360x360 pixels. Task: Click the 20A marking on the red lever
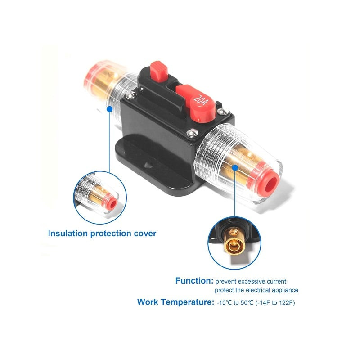pos(200,100)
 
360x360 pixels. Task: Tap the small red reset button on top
pos(159,71)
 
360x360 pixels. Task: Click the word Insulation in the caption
pos(68,234)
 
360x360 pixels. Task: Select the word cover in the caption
pos(145,234)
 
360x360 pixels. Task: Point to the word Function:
pos(194,281)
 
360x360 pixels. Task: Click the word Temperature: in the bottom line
pos(187,302)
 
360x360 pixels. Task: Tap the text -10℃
pos(224,303)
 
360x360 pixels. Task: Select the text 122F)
pos(287,303)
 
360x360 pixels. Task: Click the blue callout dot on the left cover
pos(109,109)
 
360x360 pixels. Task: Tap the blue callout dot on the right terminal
pos(234,168)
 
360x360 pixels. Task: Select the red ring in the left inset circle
pos(111,202)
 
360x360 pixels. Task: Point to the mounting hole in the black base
pos(148,165)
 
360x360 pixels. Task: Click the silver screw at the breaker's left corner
pos(131,95)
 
